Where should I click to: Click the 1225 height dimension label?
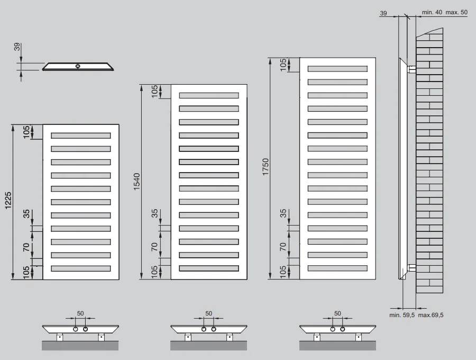click(8, 200)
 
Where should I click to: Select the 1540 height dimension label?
click(136, 182)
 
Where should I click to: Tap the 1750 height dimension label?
click(266, 167)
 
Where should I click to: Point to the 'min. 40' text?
click(432, 13)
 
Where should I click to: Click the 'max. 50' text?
click(456, 13)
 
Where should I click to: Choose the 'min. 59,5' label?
click(402, 315)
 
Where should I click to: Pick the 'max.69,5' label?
click(431, 315)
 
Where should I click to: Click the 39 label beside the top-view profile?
click(17, 47)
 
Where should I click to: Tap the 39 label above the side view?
click(383, 13)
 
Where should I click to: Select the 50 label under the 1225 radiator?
click(80, 313)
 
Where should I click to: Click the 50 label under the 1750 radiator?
click(337, 313)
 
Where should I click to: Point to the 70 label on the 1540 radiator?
click(154, 246)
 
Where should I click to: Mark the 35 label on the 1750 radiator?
click(283, 213)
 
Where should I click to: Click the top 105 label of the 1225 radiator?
click(26, 132)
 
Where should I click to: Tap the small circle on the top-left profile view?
click(78, 66)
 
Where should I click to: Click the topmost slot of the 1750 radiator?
click(337, 69)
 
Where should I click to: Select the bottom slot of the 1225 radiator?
click(81, 268)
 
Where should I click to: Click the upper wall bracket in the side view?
click(411, 69)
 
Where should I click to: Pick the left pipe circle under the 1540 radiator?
click(204, 329)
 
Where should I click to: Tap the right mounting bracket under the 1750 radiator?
click(359, 337)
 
